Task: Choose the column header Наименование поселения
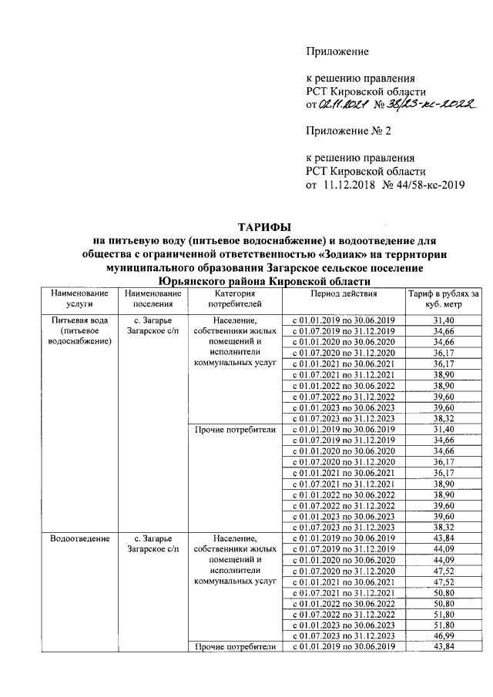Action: point(152,299)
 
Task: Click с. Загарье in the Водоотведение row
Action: point(152,538)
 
